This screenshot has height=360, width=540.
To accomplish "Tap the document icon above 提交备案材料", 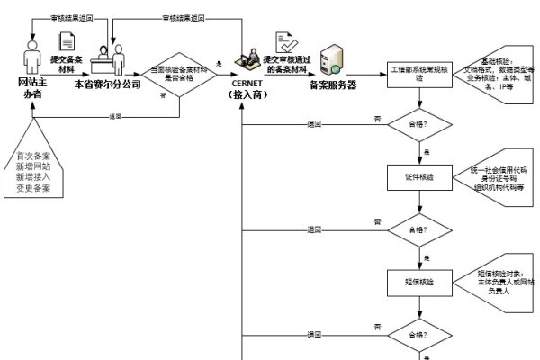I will click(67, 41).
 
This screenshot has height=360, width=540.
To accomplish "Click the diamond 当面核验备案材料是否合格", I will click(179, 74).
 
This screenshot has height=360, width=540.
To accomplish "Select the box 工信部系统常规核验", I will click(419, 74).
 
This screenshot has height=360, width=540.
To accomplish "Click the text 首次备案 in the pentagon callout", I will click(32, 155).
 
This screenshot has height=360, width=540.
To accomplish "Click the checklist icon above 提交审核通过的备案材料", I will click(284, 42).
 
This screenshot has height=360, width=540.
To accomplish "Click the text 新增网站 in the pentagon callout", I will click(32, 166).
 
